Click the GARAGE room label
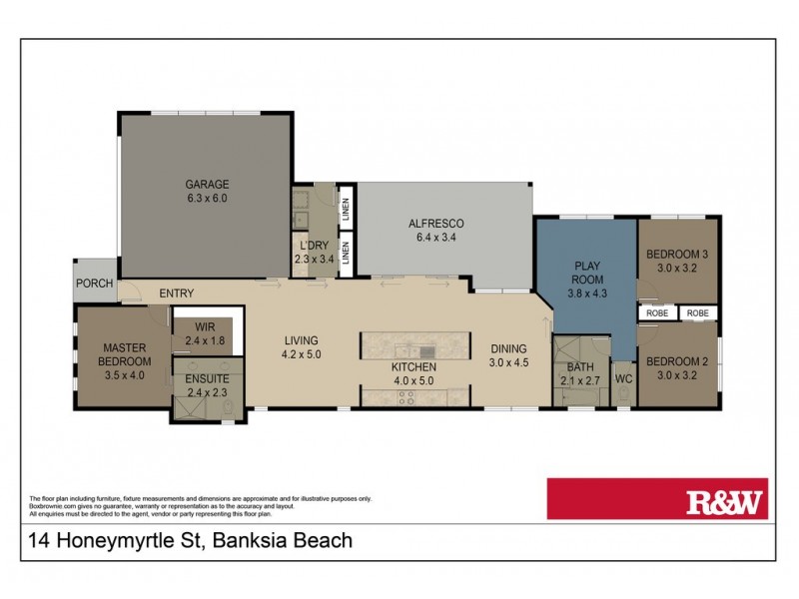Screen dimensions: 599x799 (x=207, y=184)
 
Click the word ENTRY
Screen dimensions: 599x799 (x=176, y=294)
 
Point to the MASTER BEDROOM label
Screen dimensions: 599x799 (x=125, y=354)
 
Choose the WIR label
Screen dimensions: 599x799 (x=206, y=325)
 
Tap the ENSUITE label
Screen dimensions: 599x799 (x=207, y=379)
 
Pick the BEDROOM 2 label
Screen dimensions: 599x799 (x=678, y=363)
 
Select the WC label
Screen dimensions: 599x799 (x=624, y=379)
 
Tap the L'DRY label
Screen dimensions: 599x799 (x=309, y=246)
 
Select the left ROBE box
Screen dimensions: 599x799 (x=657, y=312)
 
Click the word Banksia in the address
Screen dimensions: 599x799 (x=229, y=542)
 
